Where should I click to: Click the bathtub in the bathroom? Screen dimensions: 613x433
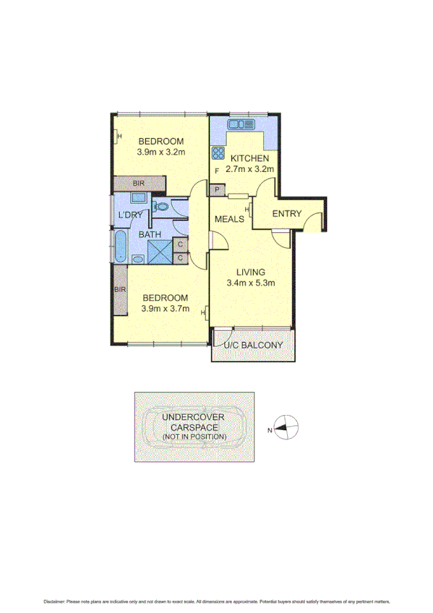(x=119, y=247)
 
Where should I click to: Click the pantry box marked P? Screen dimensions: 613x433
(x=215, y=190)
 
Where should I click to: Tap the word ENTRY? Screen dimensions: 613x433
(x=286, y=213)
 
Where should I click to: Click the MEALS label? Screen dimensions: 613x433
(x=228, y=219)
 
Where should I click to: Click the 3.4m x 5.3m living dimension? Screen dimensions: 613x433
(x=250, y=283)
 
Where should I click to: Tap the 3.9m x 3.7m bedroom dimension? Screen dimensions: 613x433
(x=165, y=309)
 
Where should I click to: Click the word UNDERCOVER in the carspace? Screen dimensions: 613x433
(x=193, y=418)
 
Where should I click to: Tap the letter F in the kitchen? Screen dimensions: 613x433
(x=217, y=170)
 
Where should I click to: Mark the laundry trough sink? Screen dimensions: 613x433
(x=139, y=197)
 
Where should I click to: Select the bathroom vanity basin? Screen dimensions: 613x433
(x=137, y=258)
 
